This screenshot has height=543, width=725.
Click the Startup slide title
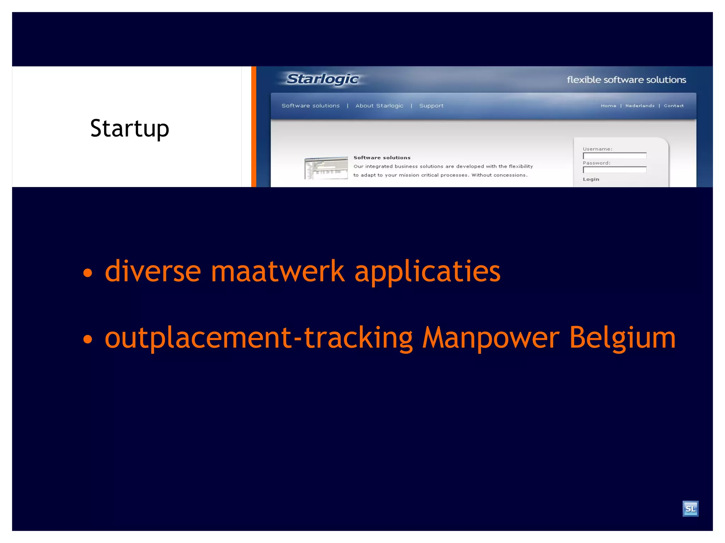[x=130, y=128]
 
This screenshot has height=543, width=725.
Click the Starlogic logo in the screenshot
[x=322, y=79]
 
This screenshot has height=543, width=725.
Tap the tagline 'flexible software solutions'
[x=626, y=80]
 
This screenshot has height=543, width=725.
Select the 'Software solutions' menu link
[x=310, y=106]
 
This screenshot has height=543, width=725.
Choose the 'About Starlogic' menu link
[x=379, y=106]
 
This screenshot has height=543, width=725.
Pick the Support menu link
[x=431, y=106]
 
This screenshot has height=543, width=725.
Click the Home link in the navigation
[x=608, y=106]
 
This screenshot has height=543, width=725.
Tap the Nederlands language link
[x=640, y=106]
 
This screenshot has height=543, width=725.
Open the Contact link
[x=674, y=106]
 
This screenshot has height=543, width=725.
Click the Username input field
[x=615, y=156]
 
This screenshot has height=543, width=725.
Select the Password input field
[x=615, y=170]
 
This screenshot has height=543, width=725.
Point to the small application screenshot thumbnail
[x=326, y=168]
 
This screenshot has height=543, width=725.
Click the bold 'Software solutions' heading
[x=382, y=158]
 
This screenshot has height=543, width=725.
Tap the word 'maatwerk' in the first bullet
[x=278, y=271]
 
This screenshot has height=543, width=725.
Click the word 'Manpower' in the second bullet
[x=491, y=338]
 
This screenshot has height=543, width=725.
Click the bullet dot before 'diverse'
[x=87, y=273]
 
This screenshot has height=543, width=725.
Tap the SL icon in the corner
[x=690, y=509]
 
